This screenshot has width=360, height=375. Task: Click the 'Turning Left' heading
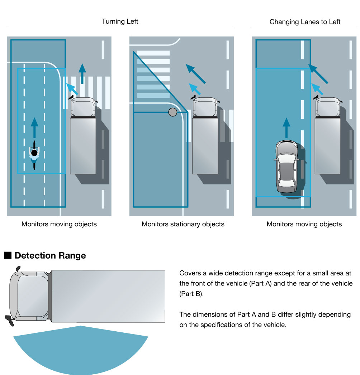pos(120,21)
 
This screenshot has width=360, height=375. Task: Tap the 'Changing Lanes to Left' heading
pos(305,22)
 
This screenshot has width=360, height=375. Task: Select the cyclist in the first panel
pos(34,155)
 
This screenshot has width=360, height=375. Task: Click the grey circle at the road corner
pos(173,112)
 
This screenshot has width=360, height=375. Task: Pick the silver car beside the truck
pos(286,167)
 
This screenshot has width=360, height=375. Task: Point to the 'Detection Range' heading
pos(50,256)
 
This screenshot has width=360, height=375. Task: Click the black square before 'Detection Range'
pos(8,256)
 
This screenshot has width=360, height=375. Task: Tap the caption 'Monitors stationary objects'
pos(183,225)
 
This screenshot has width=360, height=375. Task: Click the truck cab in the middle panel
pos(205,107)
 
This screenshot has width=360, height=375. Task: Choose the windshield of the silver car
pos(286,148)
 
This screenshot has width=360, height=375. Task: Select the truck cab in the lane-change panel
pos(328,107)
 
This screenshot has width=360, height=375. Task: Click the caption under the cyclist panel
pos(59,225)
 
